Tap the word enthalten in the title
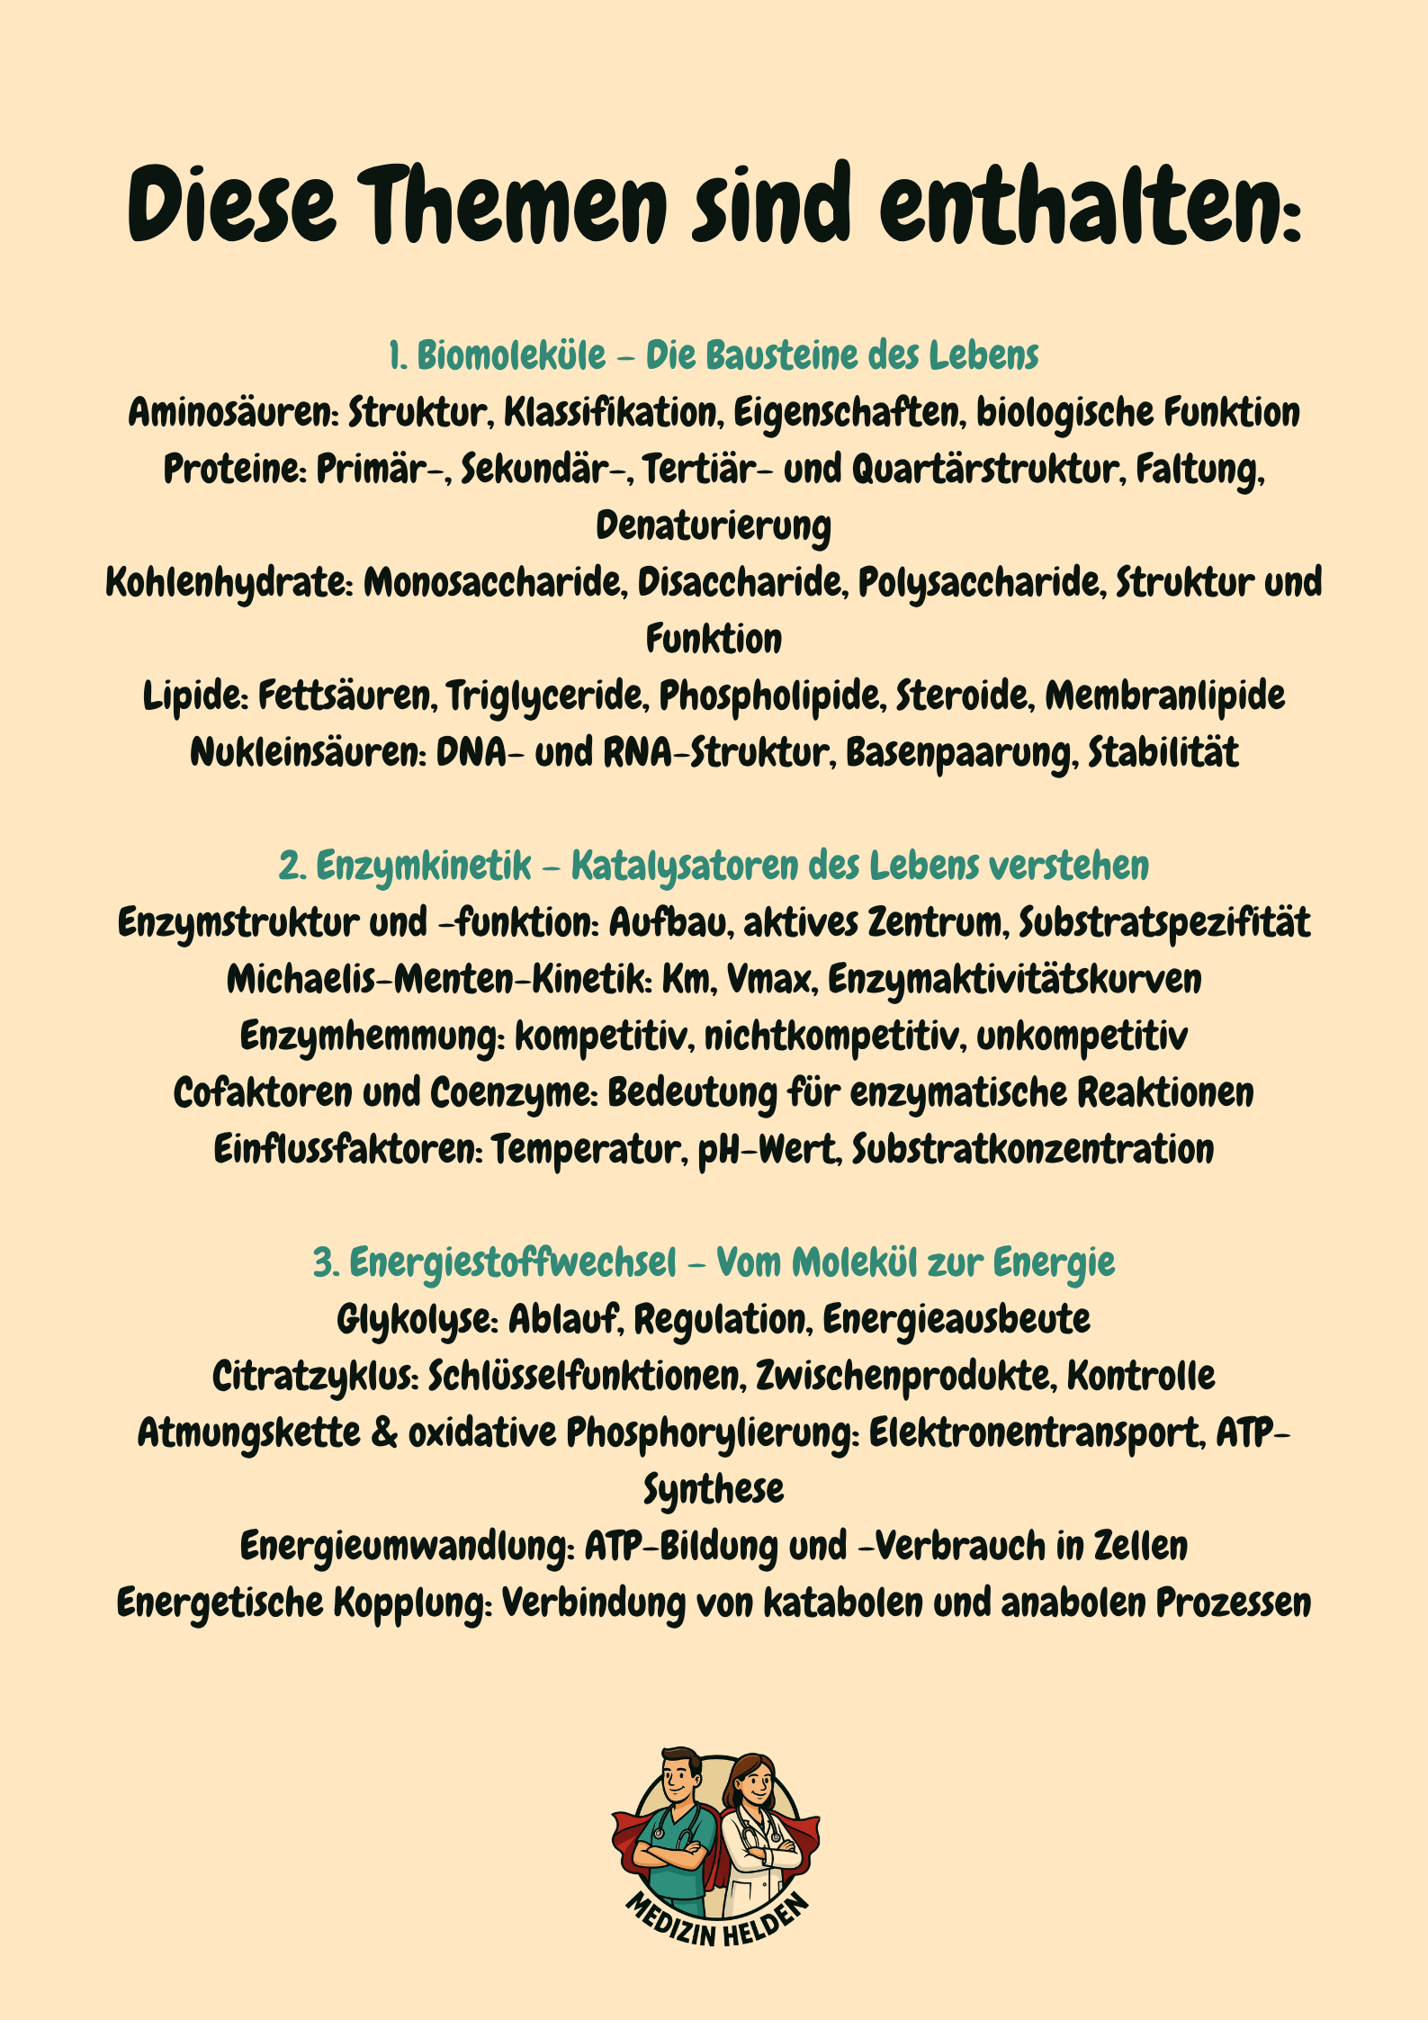(1080, 205)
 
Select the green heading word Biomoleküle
(510, 355)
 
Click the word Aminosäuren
(232, 413)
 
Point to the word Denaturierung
(714, 526)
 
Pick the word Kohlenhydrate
(228, 583)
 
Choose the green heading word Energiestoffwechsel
(511, 1263)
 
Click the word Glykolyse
(416, 1320)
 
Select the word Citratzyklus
(315, 1377)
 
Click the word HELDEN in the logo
(767, 1922)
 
